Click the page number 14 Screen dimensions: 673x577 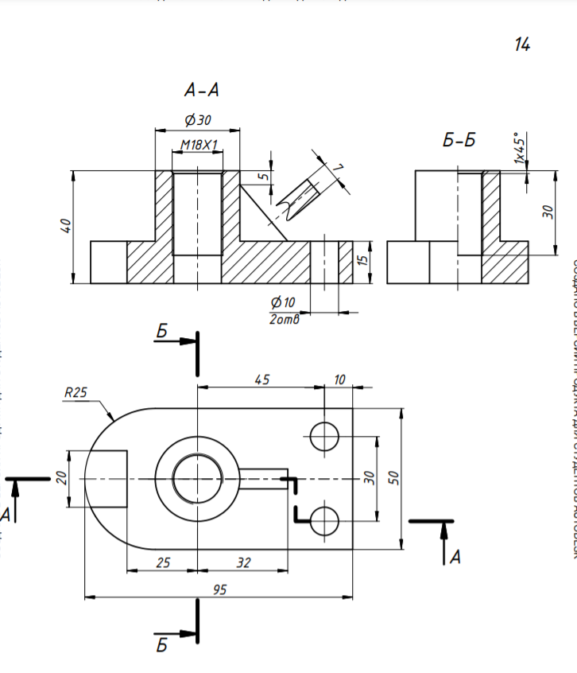tap(521, 45)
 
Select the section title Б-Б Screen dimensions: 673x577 tap(459, 141)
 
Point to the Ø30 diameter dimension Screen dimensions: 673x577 tap(197, 121)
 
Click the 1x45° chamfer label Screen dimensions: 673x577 tap(520, 148)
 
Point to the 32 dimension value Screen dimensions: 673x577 tap(243, 562)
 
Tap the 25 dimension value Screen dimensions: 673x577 tap(163, 562)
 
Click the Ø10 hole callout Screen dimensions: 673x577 tap(282, 302)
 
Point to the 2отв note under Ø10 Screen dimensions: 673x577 tap(283, 318)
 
